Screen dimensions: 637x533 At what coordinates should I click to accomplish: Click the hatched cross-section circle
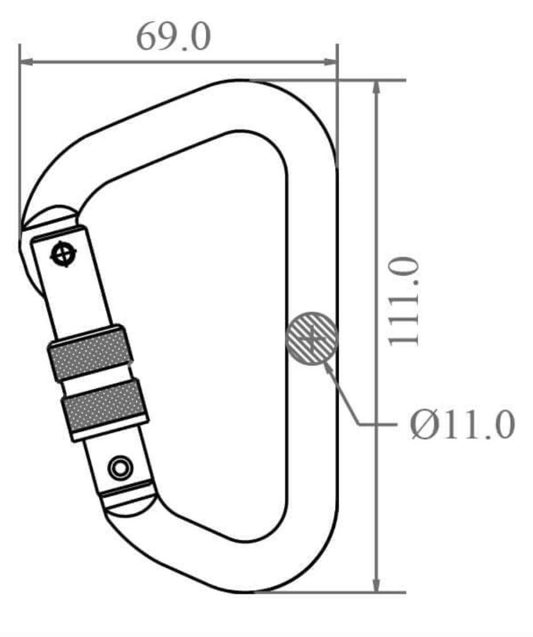tap(312, 338)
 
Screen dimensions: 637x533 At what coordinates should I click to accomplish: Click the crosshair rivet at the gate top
tap(62, 254)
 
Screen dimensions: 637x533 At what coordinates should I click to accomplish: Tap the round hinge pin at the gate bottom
tap(120, 468)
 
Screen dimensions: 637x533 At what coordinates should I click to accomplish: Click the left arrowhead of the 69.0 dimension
tap(26, 61)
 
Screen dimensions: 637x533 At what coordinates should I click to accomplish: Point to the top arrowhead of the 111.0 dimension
tap(376, 87)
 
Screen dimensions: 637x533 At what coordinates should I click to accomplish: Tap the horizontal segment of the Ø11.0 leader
tap(377, 425)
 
